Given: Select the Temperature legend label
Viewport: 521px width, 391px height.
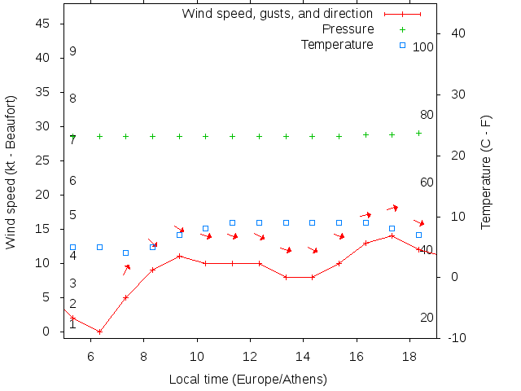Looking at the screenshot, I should (x=337, y=44).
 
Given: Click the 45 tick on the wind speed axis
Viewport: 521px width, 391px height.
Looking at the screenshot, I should (x=44, y=24).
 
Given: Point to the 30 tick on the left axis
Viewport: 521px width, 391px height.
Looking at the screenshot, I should (x=44, y=127).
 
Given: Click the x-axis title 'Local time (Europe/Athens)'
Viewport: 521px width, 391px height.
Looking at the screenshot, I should (x=247, y=380).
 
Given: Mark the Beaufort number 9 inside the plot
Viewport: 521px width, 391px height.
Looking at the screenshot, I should (x=72, y=51).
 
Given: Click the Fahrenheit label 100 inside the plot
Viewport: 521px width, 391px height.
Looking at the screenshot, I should (x=422, y=47).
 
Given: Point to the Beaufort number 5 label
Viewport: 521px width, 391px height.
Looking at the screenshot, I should (x=72, y=215).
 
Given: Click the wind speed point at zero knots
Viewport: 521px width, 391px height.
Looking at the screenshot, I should (x=99, y=332).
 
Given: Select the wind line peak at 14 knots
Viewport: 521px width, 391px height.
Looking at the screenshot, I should (x=392, y=235).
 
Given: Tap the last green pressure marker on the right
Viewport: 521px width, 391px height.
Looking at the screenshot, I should (x=419, y=133).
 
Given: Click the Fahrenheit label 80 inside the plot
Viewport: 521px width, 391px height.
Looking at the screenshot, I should (x=427, y=115).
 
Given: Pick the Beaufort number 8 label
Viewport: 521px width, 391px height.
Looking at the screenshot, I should (x=72, y=99).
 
